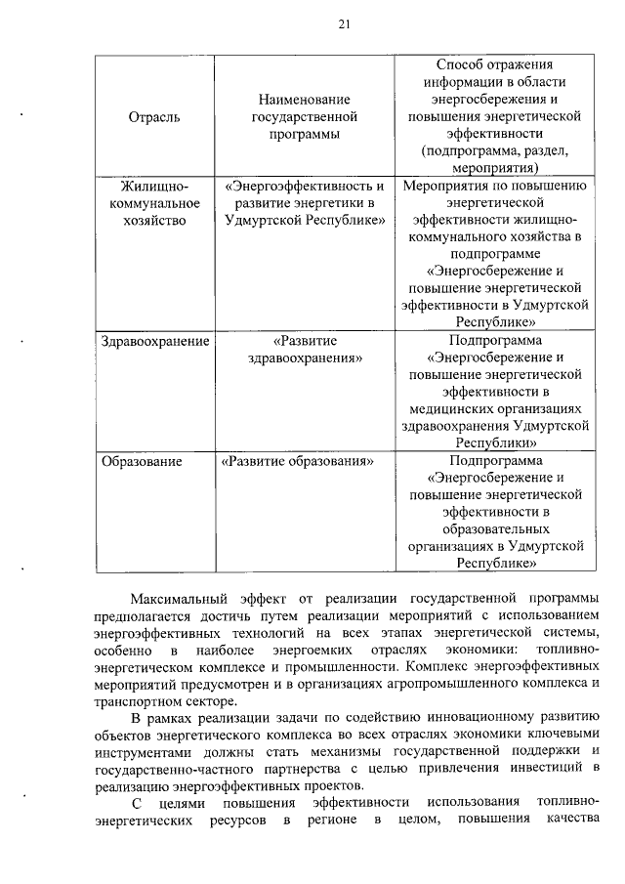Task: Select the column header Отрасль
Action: (153, 117)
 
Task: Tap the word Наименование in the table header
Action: (304, 100)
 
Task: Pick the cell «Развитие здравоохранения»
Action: (304, 351)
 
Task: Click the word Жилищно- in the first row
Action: (154, 187)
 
